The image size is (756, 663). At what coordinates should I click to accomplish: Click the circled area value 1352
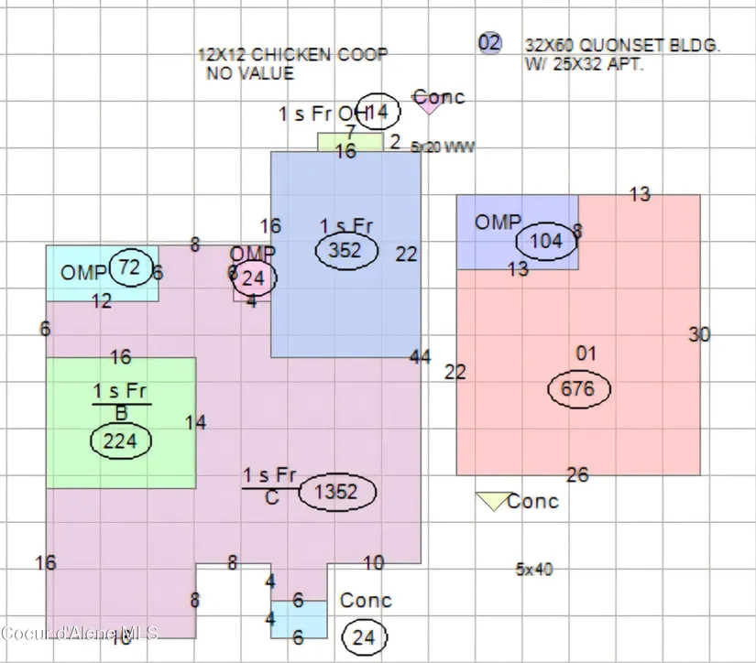click(x=336, y=492)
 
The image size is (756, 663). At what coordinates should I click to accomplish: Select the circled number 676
click(x=577, y=389)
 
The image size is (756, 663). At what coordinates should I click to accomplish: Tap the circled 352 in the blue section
click(x=345, y=251)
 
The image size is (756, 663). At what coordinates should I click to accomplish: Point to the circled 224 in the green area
click(x=120, y=441)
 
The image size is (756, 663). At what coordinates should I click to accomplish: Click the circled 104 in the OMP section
click(x=546, y=242)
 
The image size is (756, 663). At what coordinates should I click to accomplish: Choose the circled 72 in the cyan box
click(x=129, y=267)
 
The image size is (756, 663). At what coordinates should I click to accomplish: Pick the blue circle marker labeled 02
click(x=490, y=42)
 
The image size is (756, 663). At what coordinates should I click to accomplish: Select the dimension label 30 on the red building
click(x=699, y=335)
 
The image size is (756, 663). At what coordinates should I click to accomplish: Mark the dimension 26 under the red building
click(x=577, y=474)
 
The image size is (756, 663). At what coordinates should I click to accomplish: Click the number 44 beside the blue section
click(x=421, y=356)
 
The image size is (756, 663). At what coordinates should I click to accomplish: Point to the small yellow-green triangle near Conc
click(x=492, y=500)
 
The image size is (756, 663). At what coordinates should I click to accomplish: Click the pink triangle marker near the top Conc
click(x=428, y=105)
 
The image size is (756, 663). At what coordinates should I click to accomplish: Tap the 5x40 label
click(x=534, y=569)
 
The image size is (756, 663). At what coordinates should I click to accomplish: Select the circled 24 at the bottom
click(x=364, y=636)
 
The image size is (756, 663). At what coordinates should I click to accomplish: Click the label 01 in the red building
click(x=586, y=353)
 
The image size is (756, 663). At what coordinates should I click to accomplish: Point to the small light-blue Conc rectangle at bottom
click(x=299, y=619)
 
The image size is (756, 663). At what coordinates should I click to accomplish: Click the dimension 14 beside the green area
click(x=195, y=423)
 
